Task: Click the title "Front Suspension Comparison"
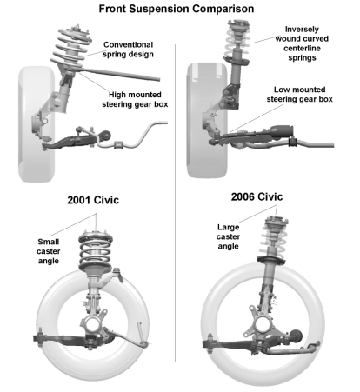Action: (x=181, y=8)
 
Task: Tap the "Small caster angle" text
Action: (x=50, y=253)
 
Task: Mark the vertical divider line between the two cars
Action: (x=179, y=261)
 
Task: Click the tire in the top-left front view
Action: (x=30, y=122)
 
